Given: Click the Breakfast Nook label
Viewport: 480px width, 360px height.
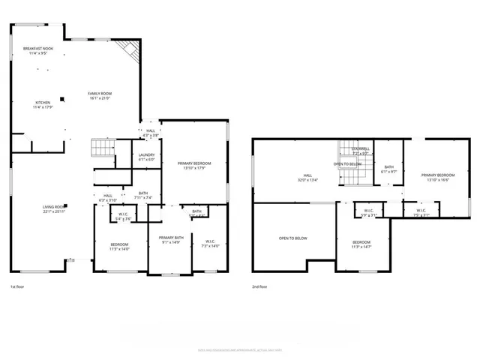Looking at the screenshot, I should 37,50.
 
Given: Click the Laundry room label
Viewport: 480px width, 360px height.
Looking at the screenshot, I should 146,157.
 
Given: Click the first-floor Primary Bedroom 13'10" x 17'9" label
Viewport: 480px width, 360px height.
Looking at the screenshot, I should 193,166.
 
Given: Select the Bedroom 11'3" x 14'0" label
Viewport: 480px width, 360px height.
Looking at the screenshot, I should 119,247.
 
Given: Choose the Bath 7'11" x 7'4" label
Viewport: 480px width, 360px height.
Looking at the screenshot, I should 143,195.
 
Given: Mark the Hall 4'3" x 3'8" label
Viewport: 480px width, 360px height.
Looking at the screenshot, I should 151,133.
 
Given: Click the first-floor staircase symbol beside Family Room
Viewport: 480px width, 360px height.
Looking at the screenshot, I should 101,147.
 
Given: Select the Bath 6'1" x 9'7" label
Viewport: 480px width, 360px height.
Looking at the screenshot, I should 388,169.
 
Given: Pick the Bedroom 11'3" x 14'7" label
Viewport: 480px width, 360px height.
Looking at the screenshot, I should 361,244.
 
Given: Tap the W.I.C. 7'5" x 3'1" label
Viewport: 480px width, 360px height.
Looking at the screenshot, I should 421,213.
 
